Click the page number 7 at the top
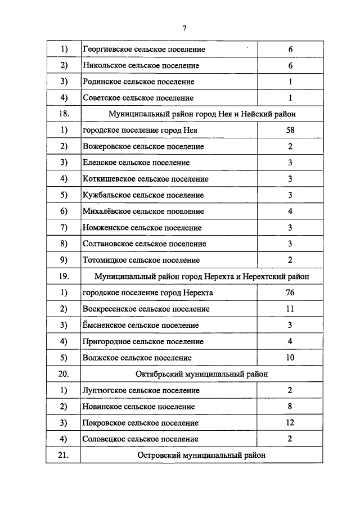point(184,29)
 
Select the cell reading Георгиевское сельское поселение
point(143,49)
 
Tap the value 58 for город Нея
point(290,130)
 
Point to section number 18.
point(64,114)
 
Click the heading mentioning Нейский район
point(202,114)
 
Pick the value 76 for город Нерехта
point(290,293)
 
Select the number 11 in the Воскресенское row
point(290,309)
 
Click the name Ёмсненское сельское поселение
point(140,325)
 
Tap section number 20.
point(64,374)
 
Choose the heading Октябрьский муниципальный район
point(202,374)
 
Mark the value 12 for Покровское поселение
point(290,423)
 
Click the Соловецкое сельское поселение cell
point(140,439)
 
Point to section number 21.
point(64,456)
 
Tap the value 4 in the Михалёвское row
point(290,211)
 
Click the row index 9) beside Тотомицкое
point(64,260)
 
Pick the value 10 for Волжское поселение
point(290,358)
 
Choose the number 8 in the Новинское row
point(290,407)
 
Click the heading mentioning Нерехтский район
point(202,277)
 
